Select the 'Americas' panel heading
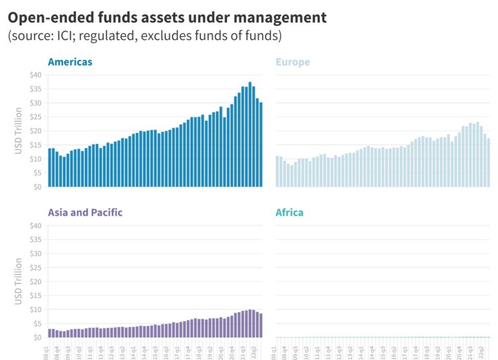pyautogui.click(x=70, y=62)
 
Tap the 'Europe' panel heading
pyautogui.click(x=292, y=62)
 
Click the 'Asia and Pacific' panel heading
pyautogui.click(x=85, y=213)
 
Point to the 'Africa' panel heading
pyautogui.click(x=289, y=213)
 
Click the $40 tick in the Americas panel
pyautogui.click(x=35, y=75)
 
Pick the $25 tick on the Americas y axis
pyautogui.click(x=35, y=117)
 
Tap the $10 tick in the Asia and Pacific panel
pyautogui.click(x=35, y=309)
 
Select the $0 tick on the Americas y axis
pyautogui.click(x=37, y=187)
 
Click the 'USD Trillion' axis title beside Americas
pyautogui.click(x=18, y=131)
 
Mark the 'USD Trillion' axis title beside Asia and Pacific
pyautogui.click(x=18, y=282)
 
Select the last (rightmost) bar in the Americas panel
pyautogui.click(x=261, y=145)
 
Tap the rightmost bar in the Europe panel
pyautogui.click(x=488, y=162)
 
